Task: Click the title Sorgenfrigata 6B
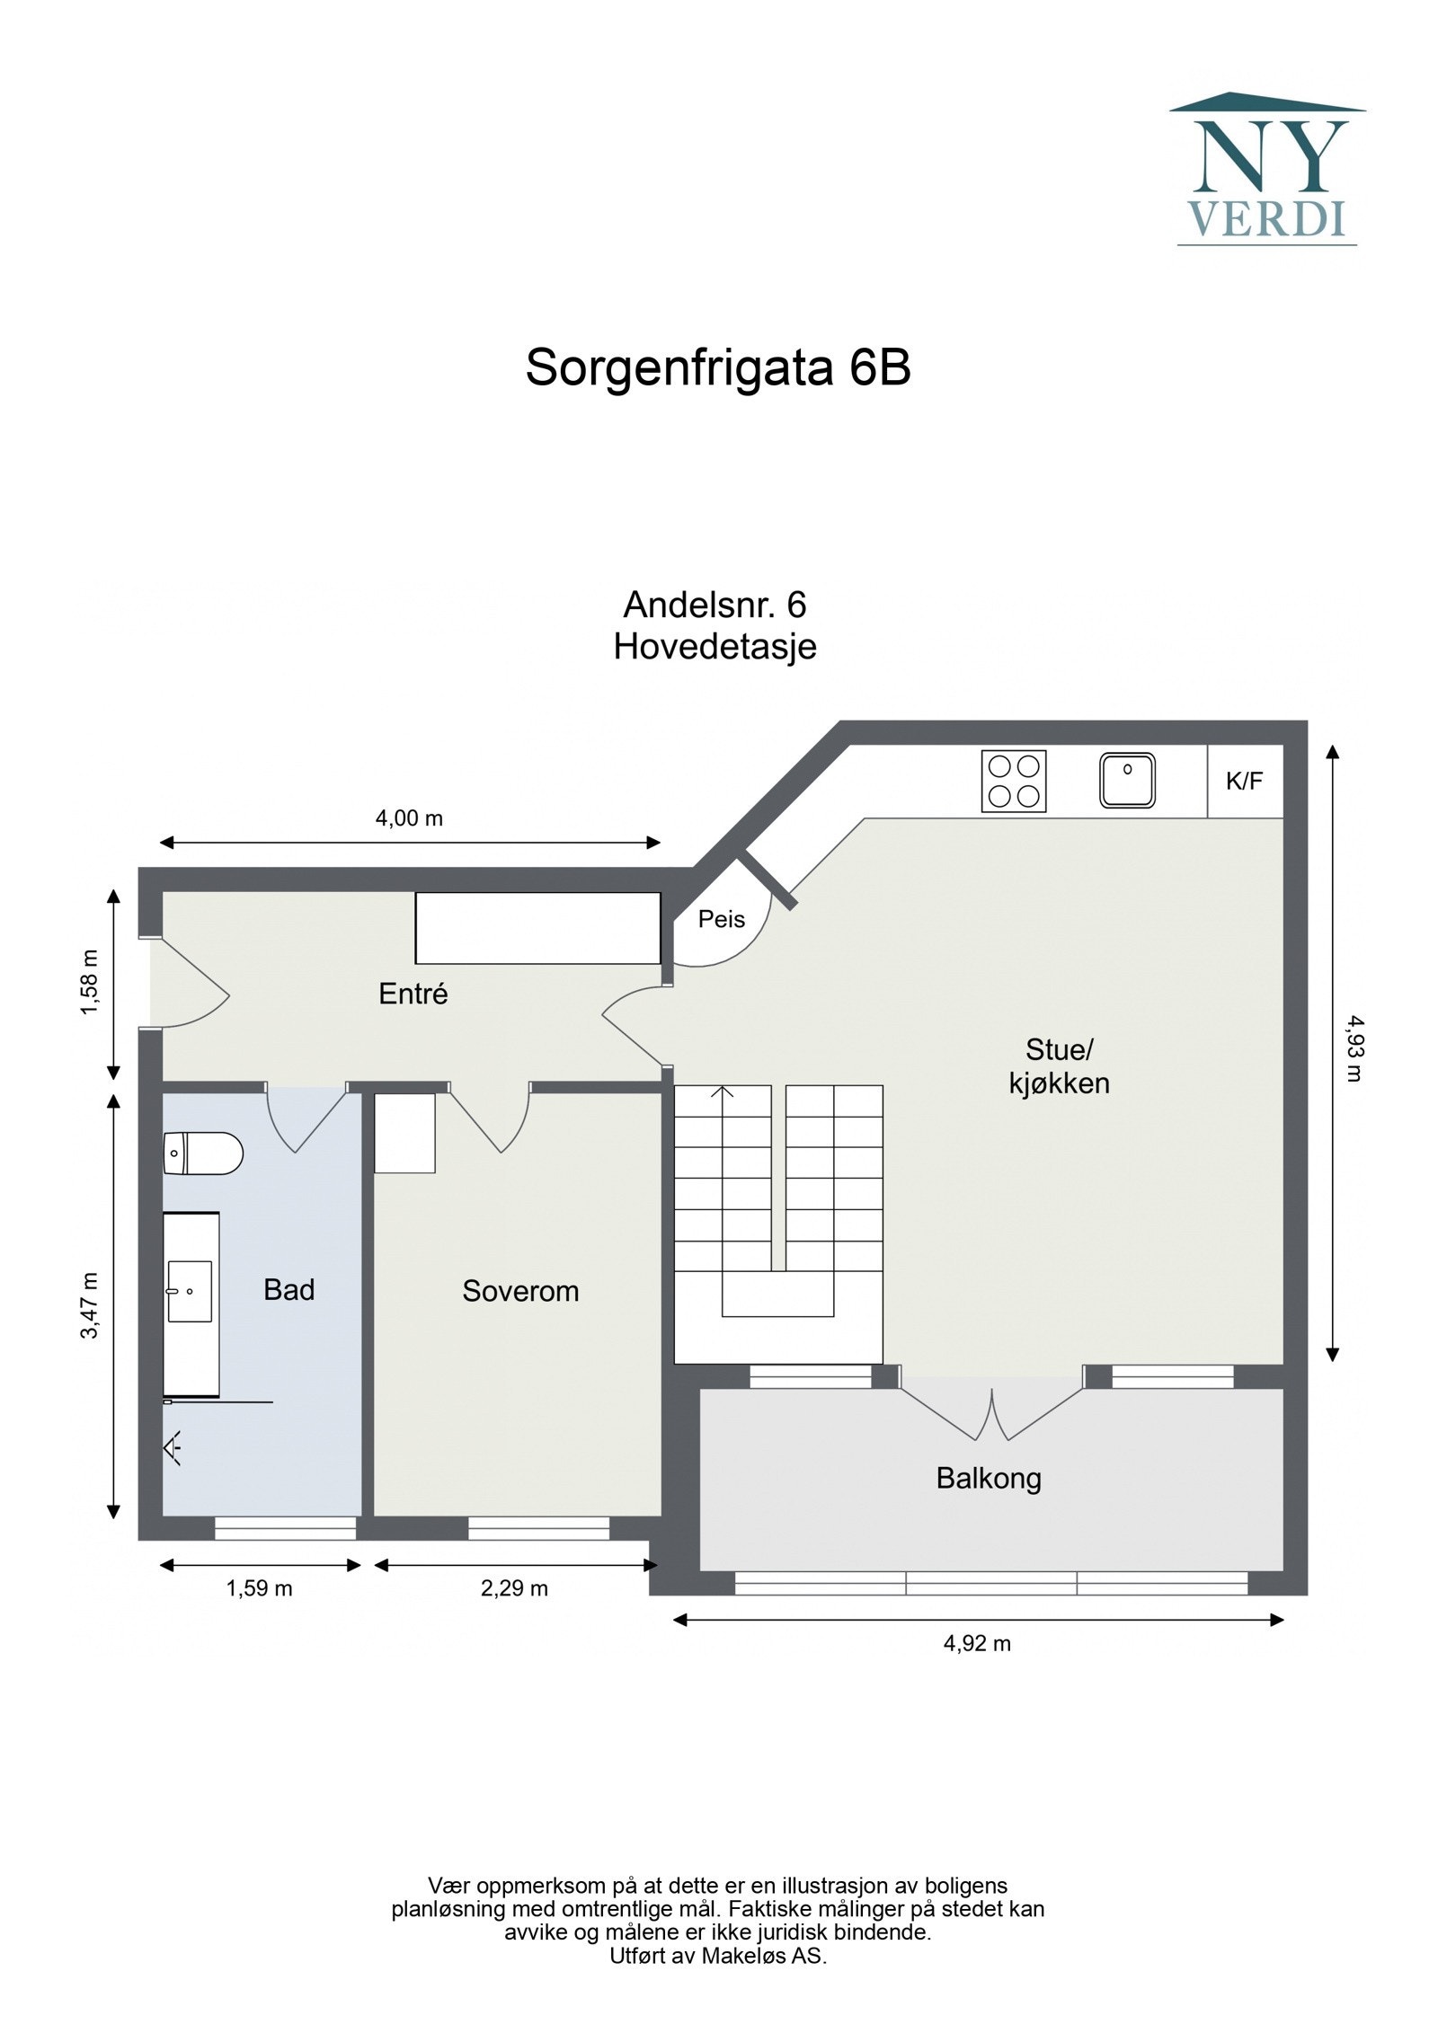tap(717, 367)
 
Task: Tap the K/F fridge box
tap(1244, 781)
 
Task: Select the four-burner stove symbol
tap(1013, 781)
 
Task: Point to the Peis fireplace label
tap(722, 919)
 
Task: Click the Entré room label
tap(413, 994)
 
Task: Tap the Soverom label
tap(519, 1291)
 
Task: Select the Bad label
tap(288, 1290)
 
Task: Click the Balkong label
tap(988, 1478)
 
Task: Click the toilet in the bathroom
tap(203, 1154)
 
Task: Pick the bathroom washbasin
tap(190, 1291)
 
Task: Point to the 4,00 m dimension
tap(409, 818)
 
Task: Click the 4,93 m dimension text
tap(1354, 1047)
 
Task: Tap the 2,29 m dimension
tap(514, 1588)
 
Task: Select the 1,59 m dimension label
tap(259, 1588)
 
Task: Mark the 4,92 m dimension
tap(977, 1643)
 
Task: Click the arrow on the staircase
tap(723, 1092)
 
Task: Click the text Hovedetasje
tap(715, 647)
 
